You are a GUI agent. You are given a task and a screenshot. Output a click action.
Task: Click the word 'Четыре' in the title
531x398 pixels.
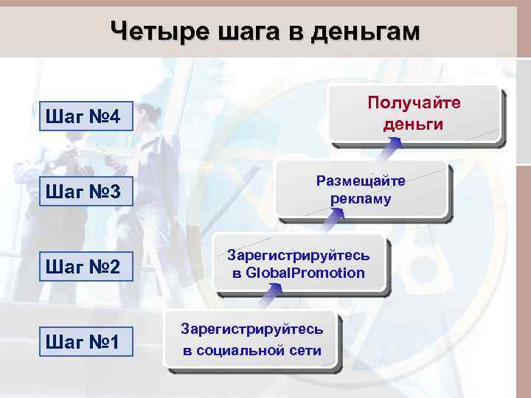[x=159, y=31]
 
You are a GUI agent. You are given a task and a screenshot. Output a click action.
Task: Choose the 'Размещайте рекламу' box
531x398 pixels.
[x=361, y=189]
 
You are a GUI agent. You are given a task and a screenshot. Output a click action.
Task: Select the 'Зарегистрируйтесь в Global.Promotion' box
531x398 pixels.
[x=298, y=265]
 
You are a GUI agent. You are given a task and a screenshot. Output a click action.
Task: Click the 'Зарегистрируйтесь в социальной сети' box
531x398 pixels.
[x=251, y=340]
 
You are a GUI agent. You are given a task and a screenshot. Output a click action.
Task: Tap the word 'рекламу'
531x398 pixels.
[x=361, y=199]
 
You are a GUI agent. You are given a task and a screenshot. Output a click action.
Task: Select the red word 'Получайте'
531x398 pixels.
[x=413, y=102]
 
